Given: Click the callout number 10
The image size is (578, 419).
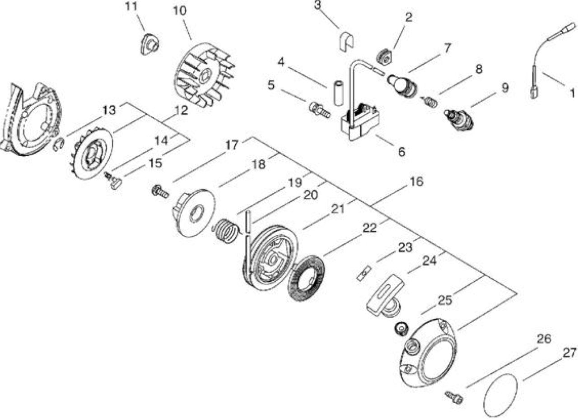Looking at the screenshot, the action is coord(180,11).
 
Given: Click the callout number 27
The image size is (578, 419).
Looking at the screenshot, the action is coord(569,353).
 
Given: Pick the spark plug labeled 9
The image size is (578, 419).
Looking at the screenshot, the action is coord(460,120).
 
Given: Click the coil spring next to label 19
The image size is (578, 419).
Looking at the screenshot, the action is coord(226,230).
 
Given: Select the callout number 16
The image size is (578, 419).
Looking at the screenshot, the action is coord(416,182).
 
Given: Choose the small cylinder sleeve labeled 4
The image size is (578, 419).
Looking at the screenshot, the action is coord(338,93).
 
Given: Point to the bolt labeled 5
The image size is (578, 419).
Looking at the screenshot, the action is coord(319,110).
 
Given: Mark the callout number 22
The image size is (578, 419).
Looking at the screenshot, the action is coord(370,228).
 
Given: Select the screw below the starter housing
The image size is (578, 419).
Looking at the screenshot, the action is coord(454,398).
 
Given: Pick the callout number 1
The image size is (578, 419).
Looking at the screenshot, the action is coord(572,93).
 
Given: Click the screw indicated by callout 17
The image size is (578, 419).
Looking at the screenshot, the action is coord(160,192).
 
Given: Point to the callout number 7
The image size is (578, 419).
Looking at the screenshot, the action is coord(447,48).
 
